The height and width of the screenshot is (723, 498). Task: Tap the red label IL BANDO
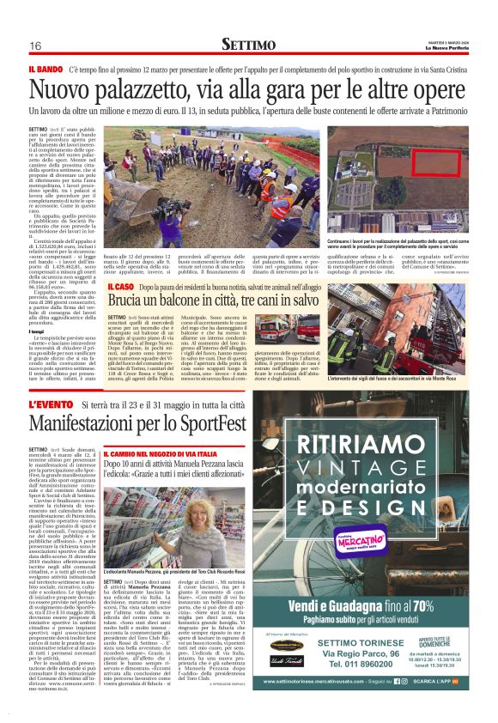[45, 66]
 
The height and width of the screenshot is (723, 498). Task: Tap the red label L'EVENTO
[52, 404]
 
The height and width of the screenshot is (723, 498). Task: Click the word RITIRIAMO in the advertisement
[368, 449]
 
